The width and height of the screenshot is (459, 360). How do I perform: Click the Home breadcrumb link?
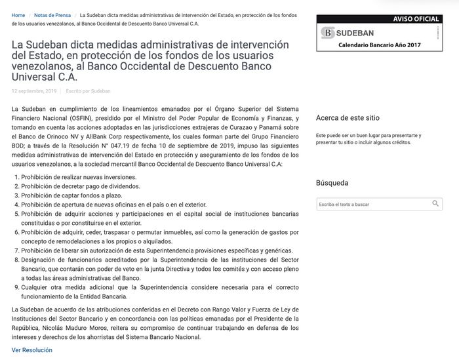coord(18,14)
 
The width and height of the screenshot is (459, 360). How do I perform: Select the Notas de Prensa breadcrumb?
coord(52,14)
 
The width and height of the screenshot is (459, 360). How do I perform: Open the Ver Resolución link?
coord(31,350)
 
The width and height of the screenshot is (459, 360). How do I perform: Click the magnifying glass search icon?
coord(435,204)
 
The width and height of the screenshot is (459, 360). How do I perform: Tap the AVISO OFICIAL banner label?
coord(416,20)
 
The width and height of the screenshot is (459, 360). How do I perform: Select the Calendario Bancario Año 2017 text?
coord(380,45)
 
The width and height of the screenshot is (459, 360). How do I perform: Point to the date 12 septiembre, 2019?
coord(34,91)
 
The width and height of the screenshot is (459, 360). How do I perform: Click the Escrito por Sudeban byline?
coord(88,91)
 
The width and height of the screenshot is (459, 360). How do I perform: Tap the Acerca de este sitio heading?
coord(348,118)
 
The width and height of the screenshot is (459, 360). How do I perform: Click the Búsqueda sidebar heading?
coord(332,183)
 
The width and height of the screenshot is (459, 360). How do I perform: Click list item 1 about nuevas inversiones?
coord(79,177)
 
